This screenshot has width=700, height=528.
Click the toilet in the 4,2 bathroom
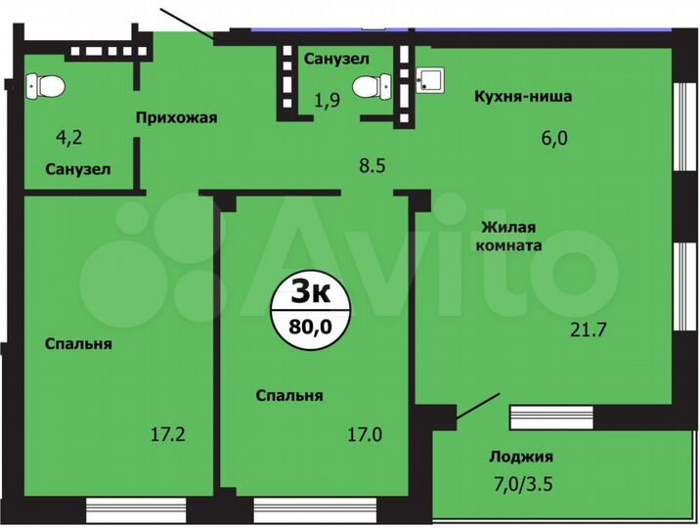[45, 88]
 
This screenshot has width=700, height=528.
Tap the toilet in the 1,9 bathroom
[369, 87]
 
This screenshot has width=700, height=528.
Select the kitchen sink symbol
[427, 79]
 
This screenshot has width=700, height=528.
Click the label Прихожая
[176, 117]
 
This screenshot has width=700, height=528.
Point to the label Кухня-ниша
[523, 97]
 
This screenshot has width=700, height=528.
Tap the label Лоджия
[520, 457]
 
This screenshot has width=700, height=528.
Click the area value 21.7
[590, 330]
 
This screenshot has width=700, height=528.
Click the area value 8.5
[372, 166]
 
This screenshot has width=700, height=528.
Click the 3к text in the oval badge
[309, 290]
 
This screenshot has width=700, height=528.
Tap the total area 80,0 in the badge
[309, 327]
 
